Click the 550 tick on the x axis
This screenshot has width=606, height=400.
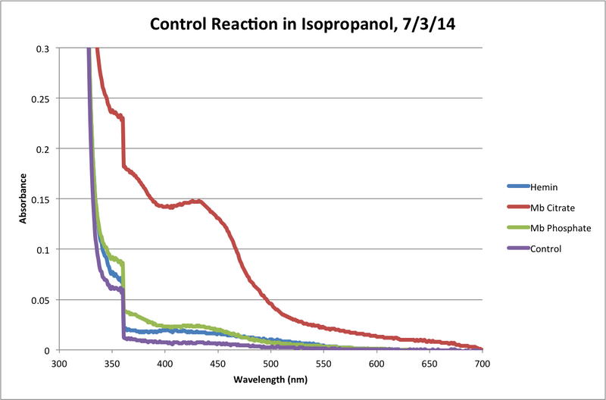click(x=323, y=364)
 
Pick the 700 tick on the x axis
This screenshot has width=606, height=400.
click(x=482, y=364)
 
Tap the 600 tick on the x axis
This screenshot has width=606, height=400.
click(x=376, y=364)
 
